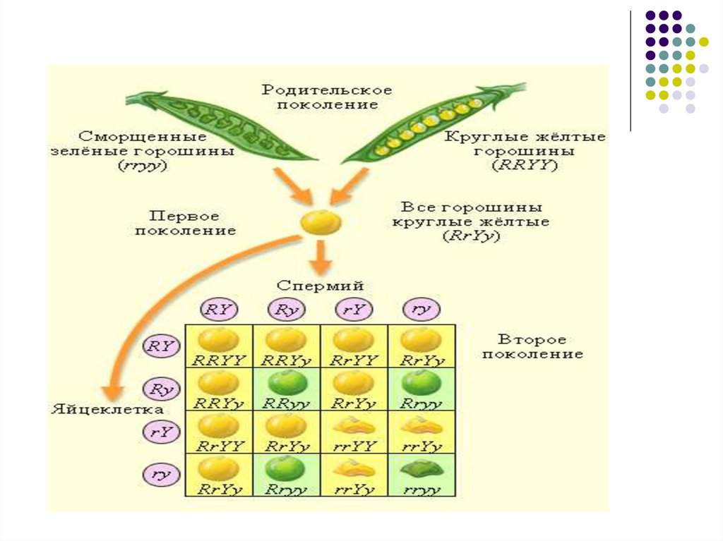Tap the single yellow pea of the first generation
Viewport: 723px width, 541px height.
pos(321,223)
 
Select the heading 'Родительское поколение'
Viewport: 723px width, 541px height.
pos(327,97)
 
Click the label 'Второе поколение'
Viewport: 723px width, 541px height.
pos(532,347)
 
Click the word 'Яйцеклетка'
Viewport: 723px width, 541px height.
pos(108,409)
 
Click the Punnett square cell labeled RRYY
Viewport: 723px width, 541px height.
pos(219,346)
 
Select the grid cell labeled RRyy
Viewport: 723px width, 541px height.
pos(287,389)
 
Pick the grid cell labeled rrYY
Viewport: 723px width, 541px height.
pos(354,432)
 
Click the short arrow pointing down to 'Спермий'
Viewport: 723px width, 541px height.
pos(321,257)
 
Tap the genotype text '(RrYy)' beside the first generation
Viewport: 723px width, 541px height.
pos(472,237)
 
